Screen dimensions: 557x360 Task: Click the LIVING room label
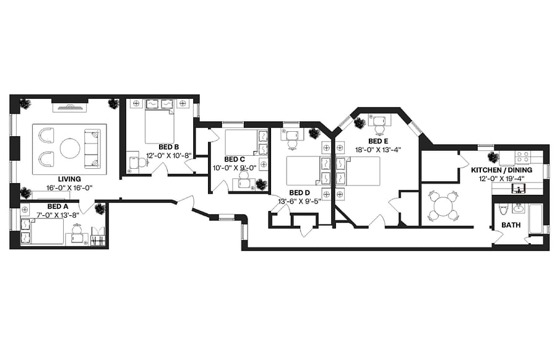point(69,179)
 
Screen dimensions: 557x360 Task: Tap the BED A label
point(58,206)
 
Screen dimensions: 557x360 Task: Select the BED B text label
point(168,147)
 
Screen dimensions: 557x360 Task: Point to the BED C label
point(234,160)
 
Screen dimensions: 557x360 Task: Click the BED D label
point(300,193)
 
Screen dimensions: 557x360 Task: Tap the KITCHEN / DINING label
point(501,170)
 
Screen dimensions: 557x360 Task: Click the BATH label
point(511,225)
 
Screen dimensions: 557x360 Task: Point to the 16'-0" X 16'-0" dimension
point(69,188)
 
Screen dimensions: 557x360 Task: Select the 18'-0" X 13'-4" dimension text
point(378,150)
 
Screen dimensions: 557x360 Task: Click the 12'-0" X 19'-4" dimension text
point(501,179)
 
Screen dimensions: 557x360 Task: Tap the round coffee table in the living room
point(70,148)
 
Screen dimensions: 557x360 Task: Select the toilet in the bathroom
point(503,210)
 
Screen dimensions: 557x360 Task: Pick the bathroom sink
point(518,208)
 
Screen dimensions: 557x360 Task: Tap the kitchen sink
point(519,189)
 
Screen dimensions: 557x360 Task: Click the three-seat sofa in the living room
point(92,149)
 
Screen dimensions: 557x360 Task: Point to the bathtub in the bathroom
point(535,219)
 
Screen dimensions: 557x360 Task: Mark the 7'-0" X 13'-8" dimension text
point(58,215)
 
